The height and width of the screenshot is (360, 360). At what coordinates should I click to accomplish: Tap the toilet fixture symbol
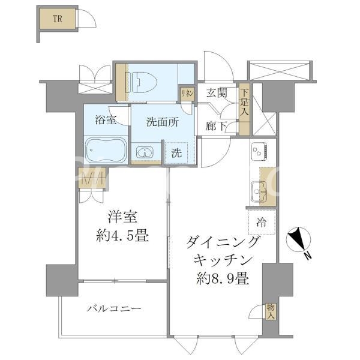coord(140,80)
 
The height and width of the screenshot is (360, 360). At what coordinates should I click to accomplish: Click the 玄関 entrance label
coord(217,93)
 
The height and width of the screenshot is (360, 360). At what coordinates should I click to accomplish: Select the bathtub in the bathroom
coord(105,151)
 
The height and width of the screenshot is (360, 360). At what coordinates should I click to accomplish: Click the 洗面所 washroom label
coord(163,120)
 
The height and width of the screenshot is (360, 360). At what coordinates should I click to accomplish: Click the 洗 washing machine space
coord(176,152)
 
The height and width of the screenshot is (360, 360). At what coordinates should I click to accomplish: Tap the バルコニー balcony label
coord(114,308)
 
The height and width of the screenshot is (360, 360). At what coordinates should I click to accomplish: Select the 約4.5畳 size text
coord(121,236)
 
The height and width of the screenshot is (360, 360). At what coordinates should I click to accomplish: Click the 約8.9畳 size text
coord(222,278)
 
